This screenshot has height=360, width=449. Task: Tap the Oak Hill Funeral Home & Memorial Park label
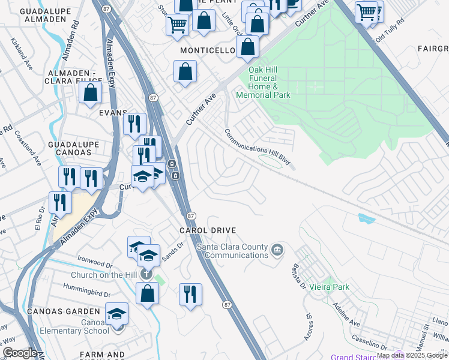(264, 86)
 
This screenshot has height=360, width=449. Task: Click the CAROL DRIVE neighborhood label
(207, 230)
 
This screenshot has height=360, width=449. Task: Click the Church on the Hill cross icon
(145, 274)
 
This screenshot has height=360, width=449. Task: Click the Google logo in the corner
(20, 353)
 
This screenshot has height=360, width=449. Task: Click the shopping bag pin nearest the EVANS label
(90, 93)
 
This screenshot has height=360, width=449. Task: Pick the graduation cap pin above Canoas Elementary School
(117, 314)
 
